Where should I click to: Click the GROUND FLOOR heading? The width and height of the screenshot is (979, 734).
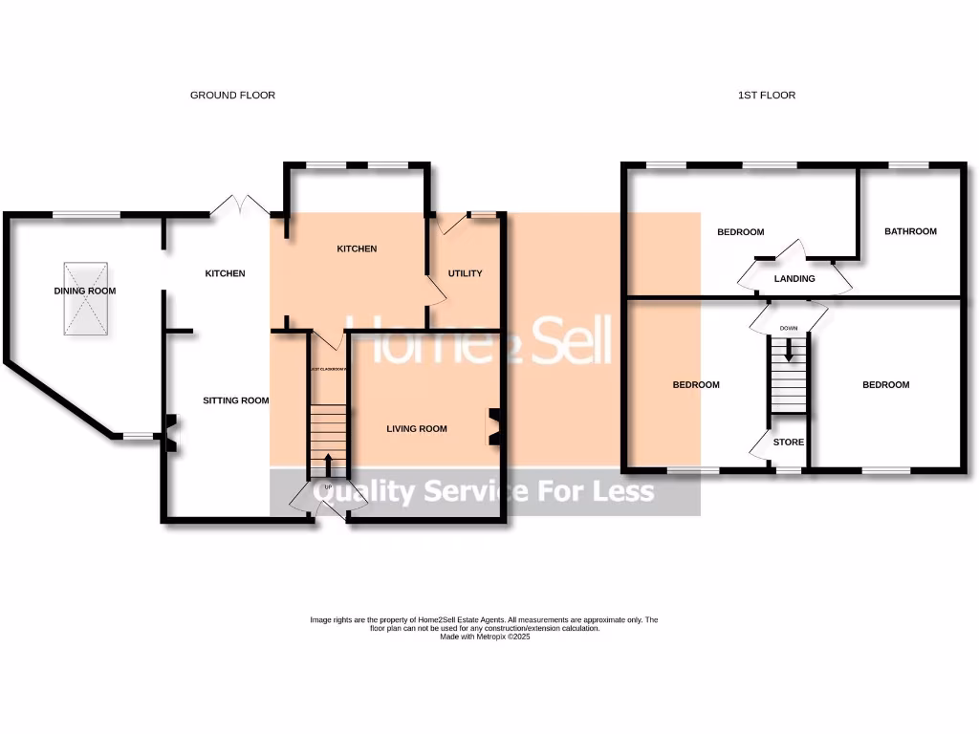click(232, 96)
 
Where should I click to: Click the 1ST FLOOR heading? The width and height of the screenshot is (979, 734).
click(767, 96)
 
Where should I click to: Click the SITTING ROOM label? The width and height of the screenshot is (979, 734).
click(235, 400)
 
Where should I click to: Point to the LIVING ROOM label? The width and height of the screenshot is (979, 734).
click(417, 429)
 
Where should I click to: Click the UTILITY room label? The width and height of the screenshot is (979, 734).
click(466, 273)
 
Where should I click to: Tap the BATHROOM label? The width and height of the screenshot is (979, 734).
click(910, 231)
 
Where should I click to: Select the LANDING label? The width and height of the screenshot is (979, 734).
click(794, 279)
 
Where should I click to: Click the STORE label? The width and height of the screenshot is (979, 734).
click(789, 443)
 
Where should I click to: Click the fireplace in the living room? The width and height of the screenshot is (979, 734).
click(495, 427)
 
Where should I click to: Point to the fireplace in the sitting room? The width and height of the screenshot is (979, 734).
click(169, 432)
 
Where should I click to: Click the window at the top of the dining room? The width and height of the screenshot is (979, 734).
click(86, 213)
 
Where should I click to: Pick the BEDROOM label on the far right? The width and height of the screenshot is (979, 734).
click(885, 385)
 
